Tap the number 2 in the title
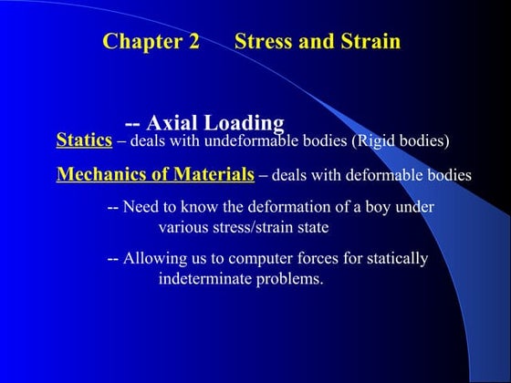(x=193, y=42)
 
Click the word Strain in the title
(x=369, y=42)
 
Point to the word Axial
(x=173, y=122)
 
